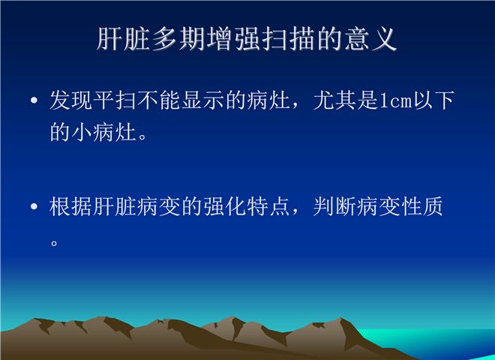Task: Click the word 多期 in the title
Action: coord(179,39)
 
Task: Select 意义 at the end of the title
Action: coord(370,39)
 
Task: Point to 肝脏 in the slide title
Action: coord(124,39)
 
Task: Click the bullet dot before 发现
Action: coord(34,100)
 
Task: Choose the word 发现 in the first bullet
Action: coord(71,100)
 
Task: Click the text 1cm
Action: coord(396,101)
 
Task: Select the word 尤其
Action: coord(335,100)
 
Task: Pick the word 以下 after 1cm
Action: coord(434,100)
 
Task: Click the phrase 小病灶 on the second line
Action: coord(104,131)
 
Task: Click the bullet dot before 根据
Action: coord(34,207)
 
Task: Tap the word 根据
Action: coord(71,206)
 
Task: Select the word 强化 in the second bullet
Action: coord(225,206)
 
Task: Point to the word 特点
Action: coord(269,206)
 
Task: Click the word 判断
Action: coord(335,206)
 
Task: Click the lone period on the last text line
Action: coord(54,244)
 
